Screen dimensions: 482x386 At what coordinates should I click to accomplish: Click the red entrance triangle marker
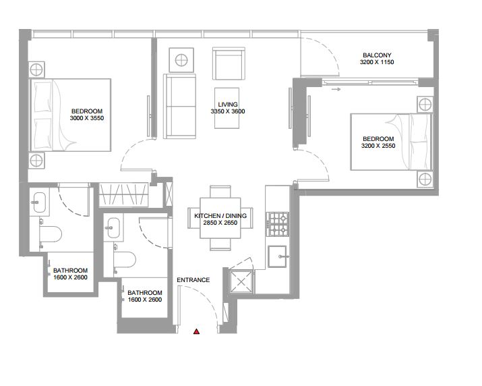196,331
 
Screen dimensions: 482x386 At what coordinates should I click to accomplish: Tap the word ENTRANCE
193,280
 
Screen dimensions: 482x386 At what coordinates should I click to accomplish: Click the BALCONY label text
377,55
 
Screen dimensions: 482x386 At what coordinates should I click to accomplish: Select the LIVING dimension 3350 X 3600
228,111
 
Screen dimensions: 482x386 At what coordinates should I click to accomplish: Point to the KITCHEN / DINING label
220,216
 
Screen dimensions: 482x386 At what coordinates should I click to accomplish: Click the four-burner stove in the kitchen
277,224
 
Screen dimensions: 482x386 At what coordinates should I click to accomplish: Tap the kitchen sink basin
277,256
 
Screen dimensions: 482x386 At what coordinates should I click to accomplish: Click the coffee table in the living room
227,108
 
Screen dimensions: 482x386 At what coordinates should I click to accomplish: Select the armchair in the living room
229,63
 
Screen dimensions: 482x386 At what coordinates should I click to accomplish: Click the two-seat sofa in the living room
179,106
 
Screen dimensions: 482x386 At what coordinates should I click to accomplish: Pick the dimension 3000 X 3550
87,118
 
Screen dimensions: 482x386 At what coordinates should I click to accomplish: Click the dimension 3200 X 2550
378,146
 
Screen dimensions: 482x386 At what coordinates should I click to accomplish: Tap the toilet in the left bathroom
50,235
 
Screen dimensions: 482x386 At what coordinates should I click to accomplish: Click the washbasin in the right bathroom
113,228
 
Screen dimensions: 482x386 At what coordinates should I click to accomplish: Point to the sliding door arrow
336,89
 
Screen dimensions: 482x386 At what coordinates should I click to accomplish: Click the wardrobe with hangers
123,195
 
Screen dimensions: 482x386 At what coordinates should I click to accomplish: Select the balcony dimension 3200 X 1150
377,62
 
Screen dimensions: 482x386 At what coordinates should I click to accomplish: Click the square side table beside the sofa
181,60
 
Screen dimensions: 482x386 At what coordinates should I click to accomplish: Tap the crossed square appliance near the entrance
241,281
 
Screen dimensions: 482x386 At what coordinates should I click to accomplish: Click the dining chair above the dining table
220,192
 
